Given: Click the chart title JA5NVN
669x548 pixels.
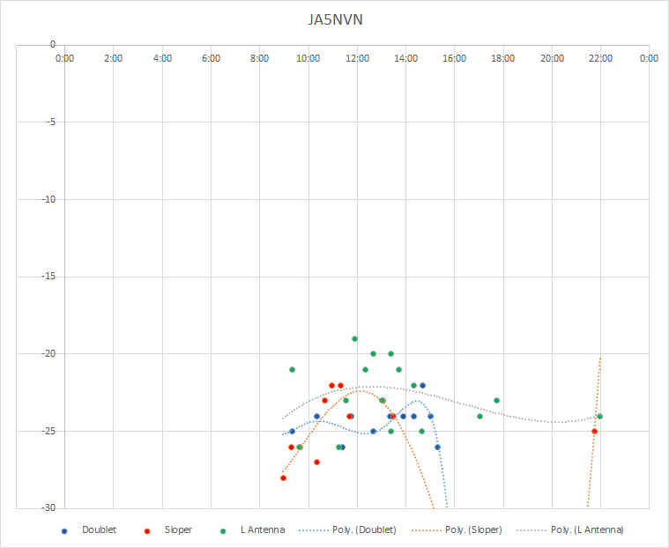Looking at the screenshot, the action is [x=335, y=20].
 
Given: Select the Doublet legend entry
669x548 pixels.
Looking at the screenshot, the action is [x=89, y=530].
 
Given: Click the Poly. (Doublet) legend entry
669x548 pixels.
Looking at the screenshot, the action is [x=348, y=530].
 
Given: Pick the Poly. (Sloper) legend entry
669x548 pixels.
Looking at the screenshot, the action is [x=457, y=530].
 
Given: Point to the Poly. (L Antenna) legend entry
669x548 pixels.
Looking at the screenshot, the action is [x=570, y=530].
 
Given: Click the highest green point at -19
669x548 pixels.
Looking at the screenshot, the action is [x=354, y=338].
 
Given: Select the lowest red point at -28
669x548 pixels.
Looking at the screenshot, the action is [x=283, y=478].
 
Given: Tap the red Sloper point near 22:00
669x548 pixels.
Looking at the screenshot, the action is [x=594, y=432].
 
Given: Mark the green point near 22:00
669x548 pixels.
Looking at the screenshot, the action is [x=600, y=416].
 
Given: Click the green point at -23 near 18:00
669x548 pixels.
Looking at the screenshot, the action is [x=496, y=401].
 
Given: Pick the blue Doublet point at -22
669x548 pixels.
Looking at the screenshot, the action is [x=422, y=386].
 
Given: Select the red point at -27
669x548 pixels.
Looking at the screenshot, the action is [x=316, y=463].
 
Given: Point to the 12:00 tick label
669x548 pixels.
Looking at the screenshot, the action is [x=357, y=58].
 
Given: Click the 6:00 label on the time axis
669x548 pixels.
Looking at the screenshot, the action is [x=211, y=58].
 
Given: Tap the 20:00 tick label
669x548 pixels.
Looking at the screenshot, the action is [x=552, y=58].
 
